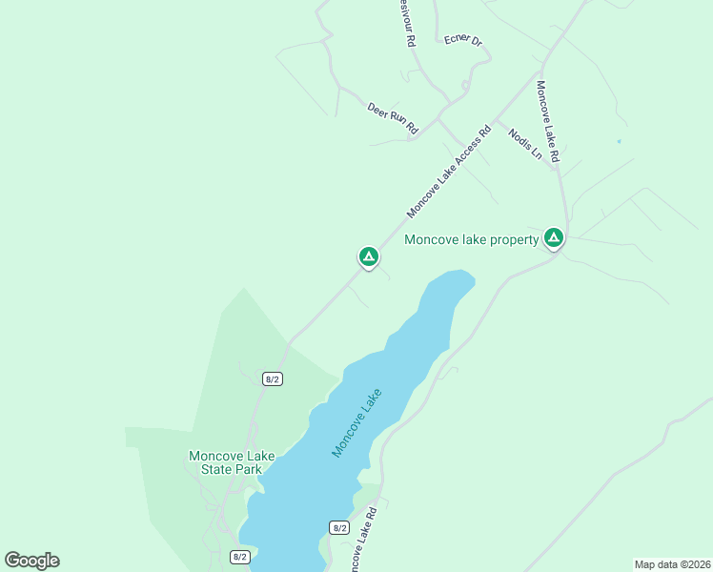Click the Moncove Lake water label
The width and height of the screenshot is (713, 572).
tap(356, 422)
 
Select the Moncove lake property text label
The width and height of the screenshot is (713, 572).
tap(472, 239)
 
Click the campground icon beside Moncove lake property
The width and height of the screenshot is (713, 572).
tap(553, 236)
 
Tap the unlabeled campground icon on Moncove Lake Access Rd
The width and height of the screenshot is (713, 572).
tap(368, 256)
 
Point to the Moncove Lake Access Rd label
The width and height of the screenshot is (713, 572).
tap(448, 171)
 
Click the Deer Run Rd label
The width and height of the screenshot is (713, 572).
tap(393, 116)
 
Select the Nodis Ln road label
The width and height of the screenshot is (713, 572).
tap(524, 143)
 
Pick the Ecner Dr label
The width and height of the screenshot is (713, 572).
tap(463, 41)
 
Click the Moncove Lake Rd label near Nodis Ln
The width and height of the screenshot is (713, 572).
tap(546, 120)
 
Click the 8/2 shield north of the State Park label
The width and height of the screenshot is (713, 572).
tap(273, 378)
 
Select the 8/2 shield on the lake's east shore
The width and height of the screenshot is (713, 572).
tap(339, 527)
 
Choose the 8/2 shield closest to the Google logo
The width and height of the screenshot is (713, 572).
tap(240, 557)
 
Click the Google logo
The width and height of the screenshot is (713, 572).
tap(31, 561)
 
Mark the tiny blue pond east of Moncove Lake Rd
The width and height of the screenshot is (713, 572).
tap(619, 142)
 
